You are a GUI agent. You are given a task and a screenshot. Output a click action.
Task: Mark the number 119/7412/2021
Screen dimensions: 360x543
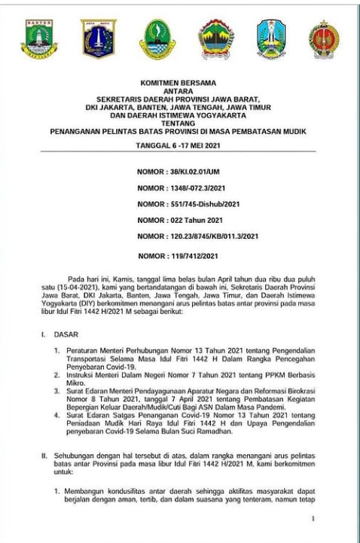[x=202, y=256]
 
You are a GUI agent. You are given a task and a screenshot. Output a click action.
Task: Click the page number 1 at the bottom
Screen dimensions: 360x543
[x=313, y=519]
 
